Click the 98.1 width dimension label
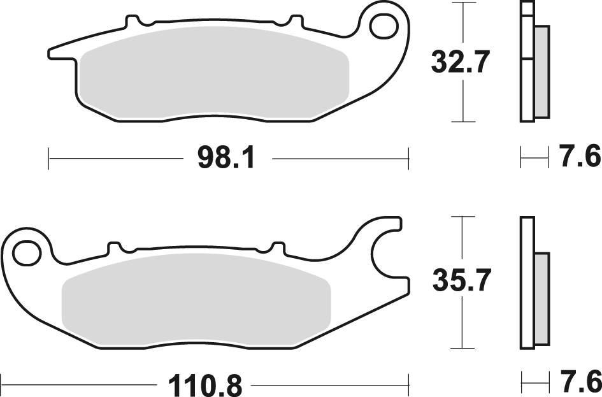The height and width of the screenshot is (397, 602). (226, 157)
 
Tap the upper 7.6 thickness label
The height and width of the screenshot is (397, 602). (579, 157)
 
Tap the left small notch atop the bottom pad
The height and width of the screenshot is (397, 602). (115, 247)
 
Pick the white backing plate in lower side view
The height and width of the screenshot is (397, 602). (526, 284)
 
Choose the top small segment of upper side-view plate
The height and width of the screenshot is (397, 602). (526, 9)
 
